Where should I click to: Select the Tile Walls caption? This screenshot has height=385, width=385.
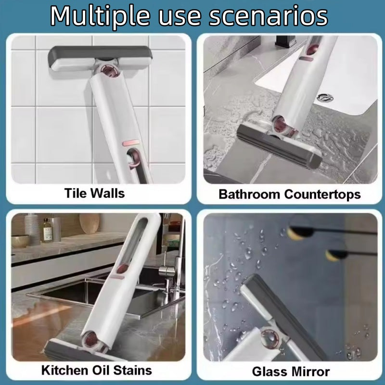(94, 193)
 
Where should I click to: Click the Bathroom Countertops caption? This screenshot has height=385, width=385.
(289, 194)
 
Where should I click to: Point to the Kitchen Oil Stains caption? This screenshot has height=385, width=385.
(96, 370)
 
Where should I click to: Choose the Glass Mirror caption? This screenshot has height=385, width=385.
(291, 371)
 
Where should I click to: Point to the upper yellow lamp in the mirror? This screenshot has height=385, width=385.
(295, 232)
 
